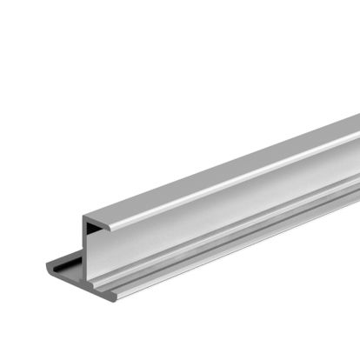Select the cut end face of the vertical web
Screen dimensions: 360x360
tap(88, 252)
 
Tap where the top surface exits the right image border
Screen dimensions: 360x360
tap(357, 126)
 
